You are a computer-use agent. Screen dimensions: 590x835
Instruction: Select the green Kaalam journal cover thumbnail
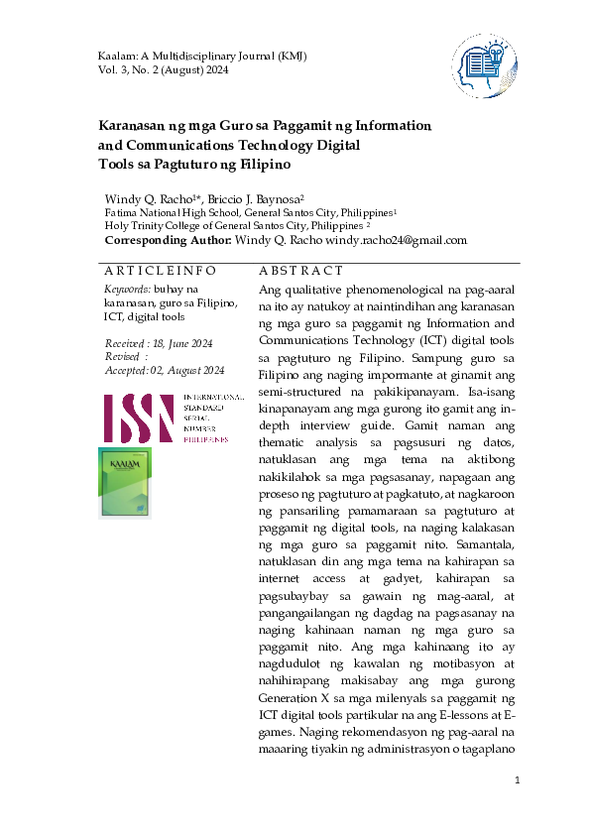[x=126, y=483]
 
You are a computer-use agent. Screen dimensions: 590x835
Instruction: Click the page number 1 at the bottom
[x=517, y=782]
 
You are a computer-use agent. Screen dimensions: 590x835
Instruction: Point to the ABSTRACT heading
[x=300, y=271]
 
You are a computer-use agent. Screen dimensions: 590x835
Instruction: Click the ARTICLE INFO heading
[x=160, y=271]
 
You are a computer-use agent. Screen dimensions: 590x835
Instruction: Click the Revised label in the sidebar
[x=124, y=356]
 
